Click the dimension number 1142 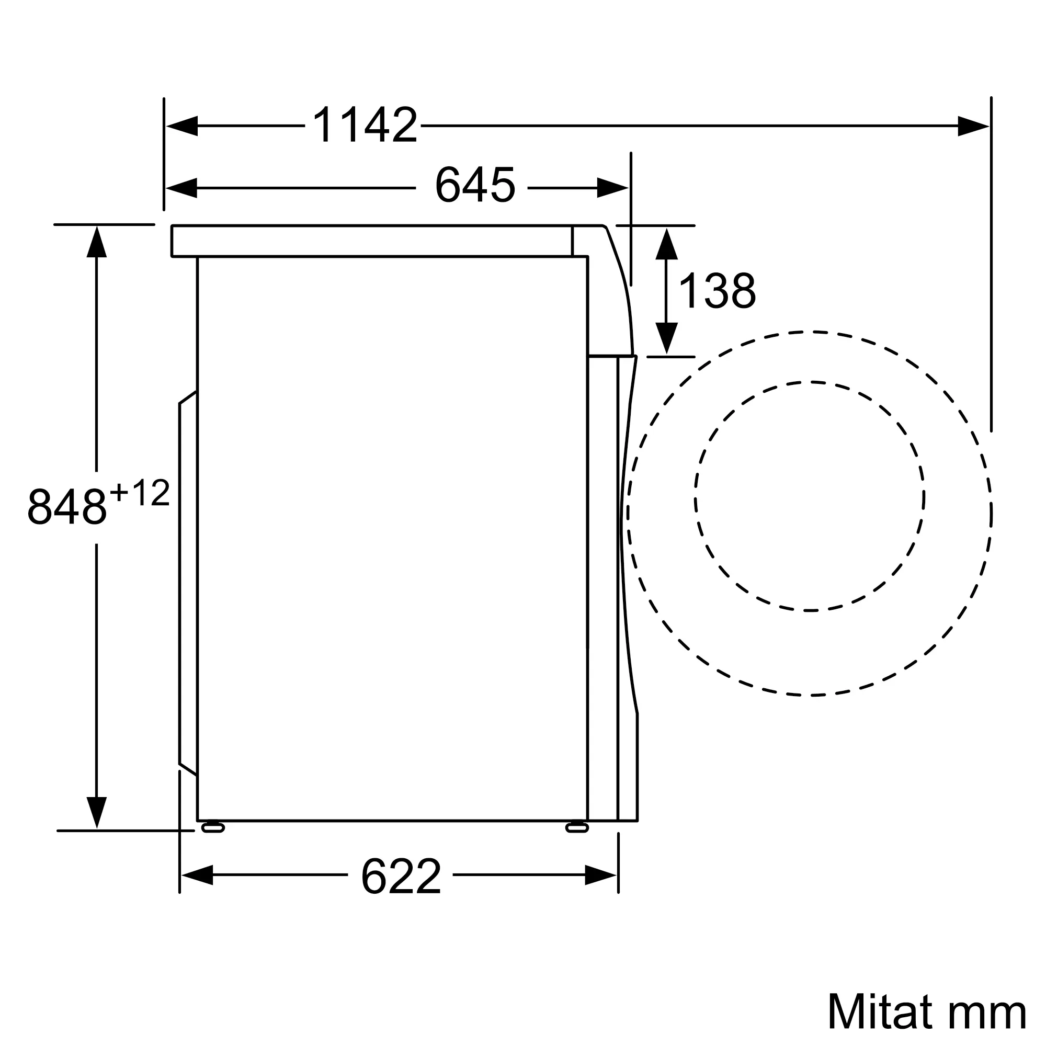coord(366,124)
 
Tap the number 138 coord(717,291)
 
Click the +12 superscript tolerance coord(140,493)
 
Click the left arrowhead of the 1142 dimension coord(182,126)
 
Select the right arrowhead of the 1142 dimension coord(973,126)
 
